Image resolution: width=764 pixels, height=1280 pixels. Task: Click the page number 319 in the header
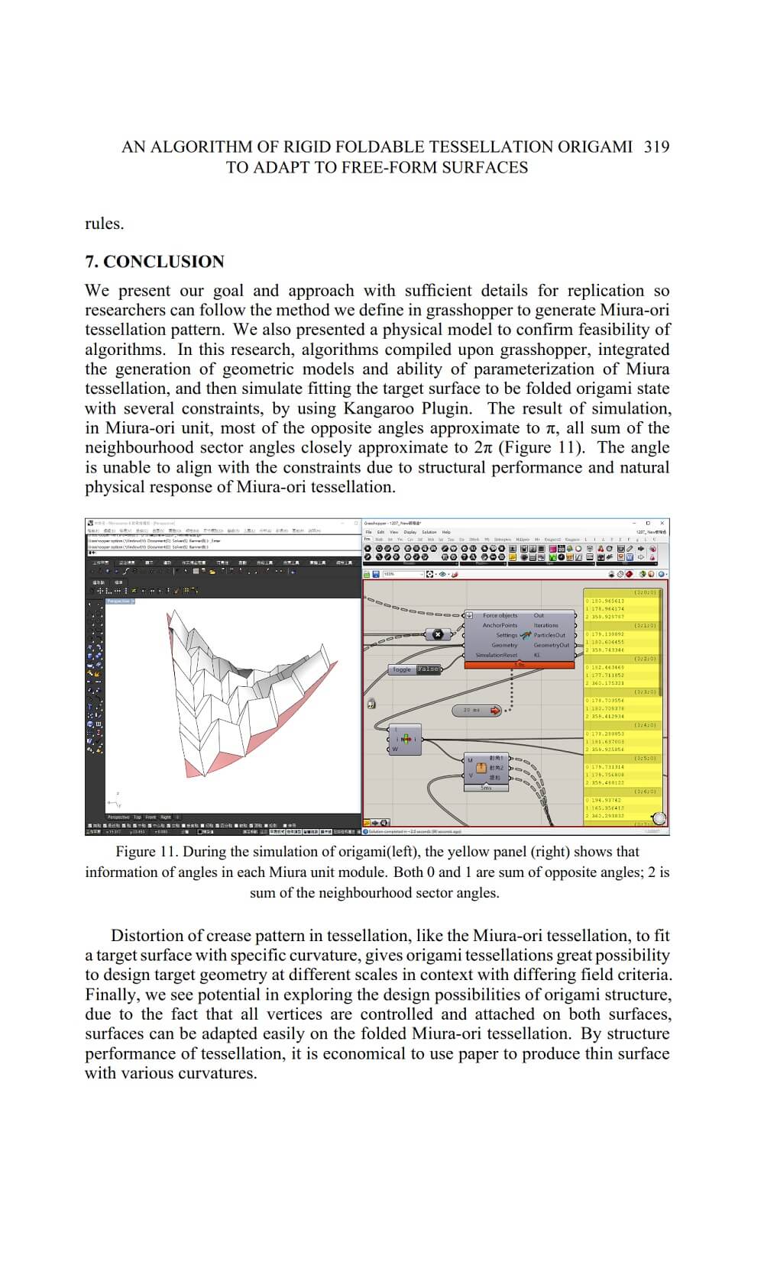pos(656,147)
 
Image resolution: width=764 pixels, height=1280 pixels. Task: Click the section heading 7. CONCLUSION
pos(154,262)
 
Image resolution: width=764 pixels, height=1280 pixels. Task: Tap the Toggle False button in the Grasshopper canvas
pos(415,669)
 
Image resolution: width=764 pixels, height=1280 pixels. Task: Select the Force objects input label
pos(500,615)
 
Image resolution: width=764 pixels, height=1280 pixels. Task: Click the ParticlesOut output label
pos(549,635)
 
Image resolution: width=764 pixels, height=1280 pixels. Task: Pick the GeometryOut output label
pos(551,645)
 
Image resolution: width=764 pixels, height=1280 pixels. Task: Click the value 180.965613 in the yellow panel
pos(606,601)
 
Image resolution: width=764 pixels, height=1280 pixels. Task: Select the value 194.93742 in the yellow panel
pos(605,800)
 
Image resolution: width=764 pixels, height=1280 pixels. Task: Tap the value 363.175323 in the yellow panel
pos(606,683)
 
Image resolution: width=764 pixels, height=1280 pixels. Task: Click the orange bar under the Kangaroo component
pos(519,665)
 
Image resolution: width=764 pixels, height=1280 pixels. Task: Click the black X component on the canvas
pos(438,634)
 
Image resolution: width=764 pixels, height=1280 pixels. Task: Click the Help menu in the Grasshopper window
pos(446,532)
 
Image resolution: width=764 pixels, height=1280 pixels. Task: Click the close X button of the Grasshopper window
pos(662,523)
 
